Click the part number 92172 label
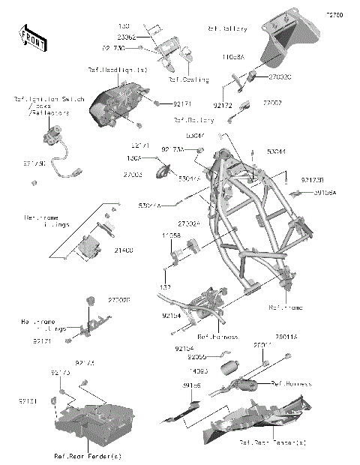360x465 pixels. click(223, 95)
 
